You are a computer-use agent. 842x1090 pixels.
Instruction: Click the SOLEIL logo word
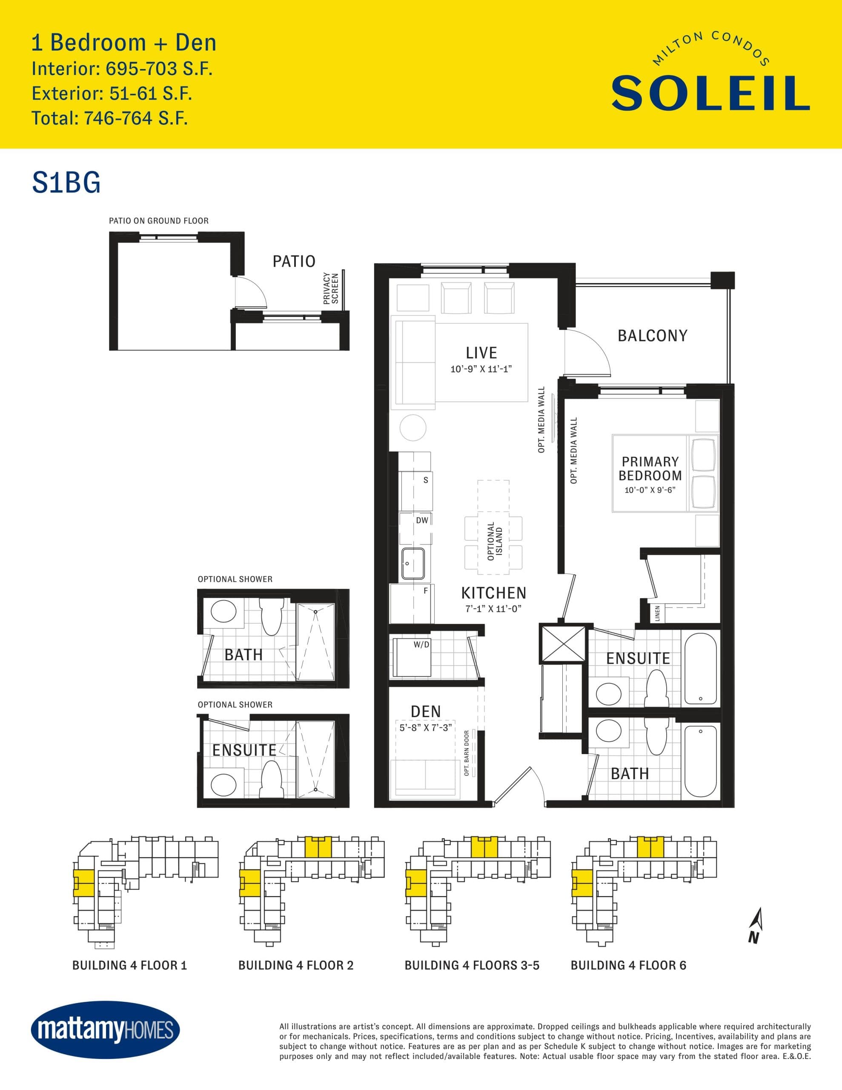[710, 93]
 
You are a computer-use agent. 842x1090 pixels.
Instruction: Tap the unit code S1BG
[66, 183]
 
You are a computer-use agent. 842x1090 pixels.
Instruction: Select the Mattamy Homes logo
[105, 1030]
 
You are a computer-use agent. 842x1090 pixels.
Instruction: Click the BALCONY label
[652, 336]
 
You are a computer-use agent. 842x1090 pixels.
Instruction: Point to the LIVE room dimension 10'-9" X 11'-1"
[481, 369]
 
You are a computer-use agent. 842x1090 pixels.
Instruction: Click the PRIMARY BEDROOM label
[650, 469]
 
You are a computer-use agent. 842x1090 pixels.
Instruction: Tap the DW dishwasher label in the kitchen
[422, 520]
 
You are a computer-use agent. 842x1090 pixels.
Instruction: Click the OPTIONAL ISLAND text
[495, 541]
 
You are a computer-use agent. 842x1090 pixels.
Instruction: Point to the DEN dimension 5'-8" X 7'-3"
[425, 728]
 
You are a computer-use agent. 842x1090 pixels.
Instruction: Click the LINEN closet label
[657, 614]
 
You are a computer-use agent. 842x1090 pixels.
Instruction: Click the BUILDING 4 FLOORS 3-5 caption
[472, 965]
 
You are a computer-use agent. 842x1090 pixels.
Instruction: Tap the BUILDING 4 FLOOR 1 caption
[129, 965]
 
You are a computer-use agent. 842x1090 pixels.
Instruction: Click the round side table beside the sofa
[413, 428]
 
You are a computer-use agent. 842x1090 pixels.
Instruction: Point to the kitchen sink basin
[413, 563]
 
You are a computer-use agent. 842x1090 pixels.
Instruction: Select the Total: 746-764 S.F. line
[109, 118]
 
